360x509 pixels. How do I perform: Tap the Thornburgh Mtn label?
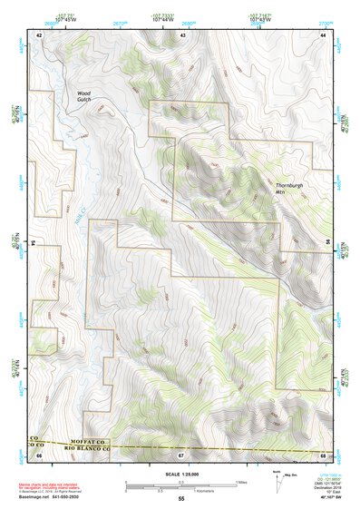[289, 191]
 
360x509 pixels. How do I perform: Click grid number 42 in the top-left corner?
[38, 34]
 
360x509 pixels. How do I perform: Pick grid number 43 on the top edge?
[183, 34]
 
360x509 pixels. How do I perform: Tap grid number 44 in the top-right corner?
[324, 34]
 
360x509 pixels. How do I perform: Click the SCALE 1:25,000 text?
[180, 474]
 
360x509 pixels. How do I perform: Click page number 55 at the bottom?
[180, 499]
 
